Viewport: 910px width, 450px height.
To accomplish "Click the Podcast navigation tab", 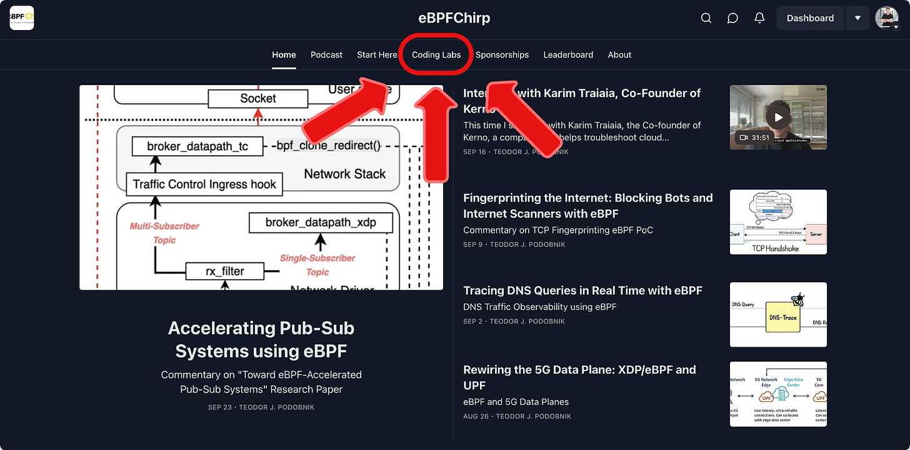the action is pyautogui.click(x=326, y=54).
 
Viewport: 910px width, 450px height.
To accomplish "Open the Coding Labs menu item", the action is pyautogui.click(x=436, y=54).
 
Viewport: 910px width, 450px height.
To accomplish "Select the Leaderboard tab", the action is pyautogui.click(x=568, y=54).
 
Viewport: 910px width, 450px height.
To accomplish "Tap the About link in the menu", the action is pyautogui.click(x=619, y=54).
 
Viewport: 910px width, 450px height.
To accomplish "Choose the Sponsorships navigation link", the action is pyautogui.click(x=502, y=54).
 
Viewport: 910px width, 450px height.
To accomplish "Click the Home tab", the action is pyautogui.click(x=284, y=54).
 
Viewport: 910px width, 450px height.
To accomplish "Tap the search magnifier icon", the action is pyautogui.click(x=706, y=18).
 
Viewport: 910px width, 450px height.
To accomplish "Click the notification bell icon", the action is pyautogui.click(x=759, y=18).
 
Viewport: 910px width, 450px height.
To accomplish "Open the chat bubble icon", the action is pyautogui.click(x=732, y=18).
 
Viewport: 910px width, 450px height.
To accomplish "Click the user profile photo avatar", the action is pyautogui.click(x=886, y=18).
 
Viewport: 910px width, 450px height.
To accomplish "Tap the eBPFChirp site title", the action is pyautogui.click(x=454, y=18).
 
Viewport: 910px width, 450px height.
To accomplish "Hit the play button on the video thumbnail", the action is pyautogui.click(x=778, y=117).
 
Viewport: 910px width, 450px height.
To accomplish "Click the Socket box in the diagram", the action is pyautogui.click(x=258, y=98).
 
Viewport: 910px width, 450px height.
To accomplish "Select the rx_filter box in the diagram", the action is pyautogui.click(x=225, y=271).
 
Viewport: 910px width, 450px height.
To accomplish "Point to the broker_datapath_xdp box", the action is pyautogui.click(x=321, y=222).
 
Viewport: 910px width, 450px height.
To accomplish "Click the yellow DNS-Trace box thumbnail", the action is pyautogui.click(x=782, y=317).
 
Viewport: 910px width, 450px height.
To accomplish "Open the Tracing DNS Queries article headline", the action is pyautogui.click(x=582, y=290).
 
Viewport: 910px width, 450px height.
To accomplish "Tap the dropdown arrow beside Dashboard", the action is pyautogui.click(x=857, y=18).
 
